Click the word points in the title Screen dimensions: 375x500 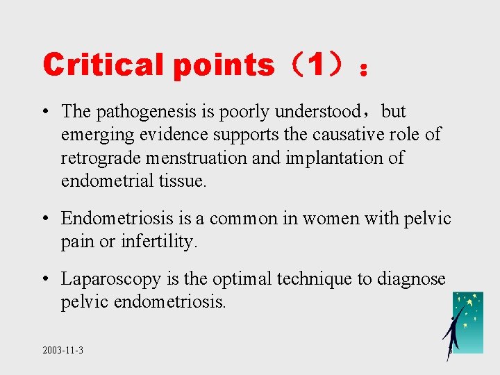(x=224, y=65)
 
